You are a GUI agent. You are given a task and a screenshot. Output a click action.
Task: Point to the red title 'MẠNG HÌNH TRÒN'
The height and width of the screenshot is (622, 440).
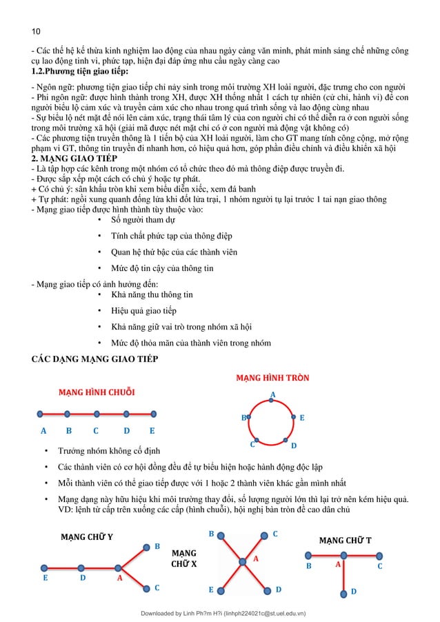(272, 379)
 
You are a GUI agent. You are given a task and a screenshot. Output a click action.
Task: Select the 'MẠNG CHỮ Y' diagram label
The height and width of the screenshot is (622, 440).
(88, 536)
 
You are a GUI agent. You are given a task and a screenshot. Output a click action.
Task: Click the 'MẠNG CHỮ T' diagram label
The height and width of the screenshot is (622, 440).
(345, 540)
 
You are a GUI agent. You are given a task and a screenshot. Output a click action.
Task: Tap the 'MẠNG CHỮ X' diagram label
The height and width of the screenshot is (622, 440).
(183, 559)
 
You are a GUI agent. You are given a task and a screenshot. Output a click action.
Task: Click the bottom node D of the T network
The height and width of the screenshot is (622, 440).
(344, 590)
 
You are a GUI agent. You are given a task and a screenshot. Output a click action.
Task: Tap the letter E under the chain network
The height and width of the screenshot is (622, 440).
(152, 432)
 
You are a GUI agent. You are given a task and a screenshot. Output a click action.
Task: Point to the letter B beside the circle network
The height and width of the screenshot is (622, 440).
(243, 418)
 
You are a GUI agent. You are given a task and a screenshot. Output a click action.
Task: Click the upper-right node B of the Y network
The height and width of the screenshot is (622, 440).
(147, 548)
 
